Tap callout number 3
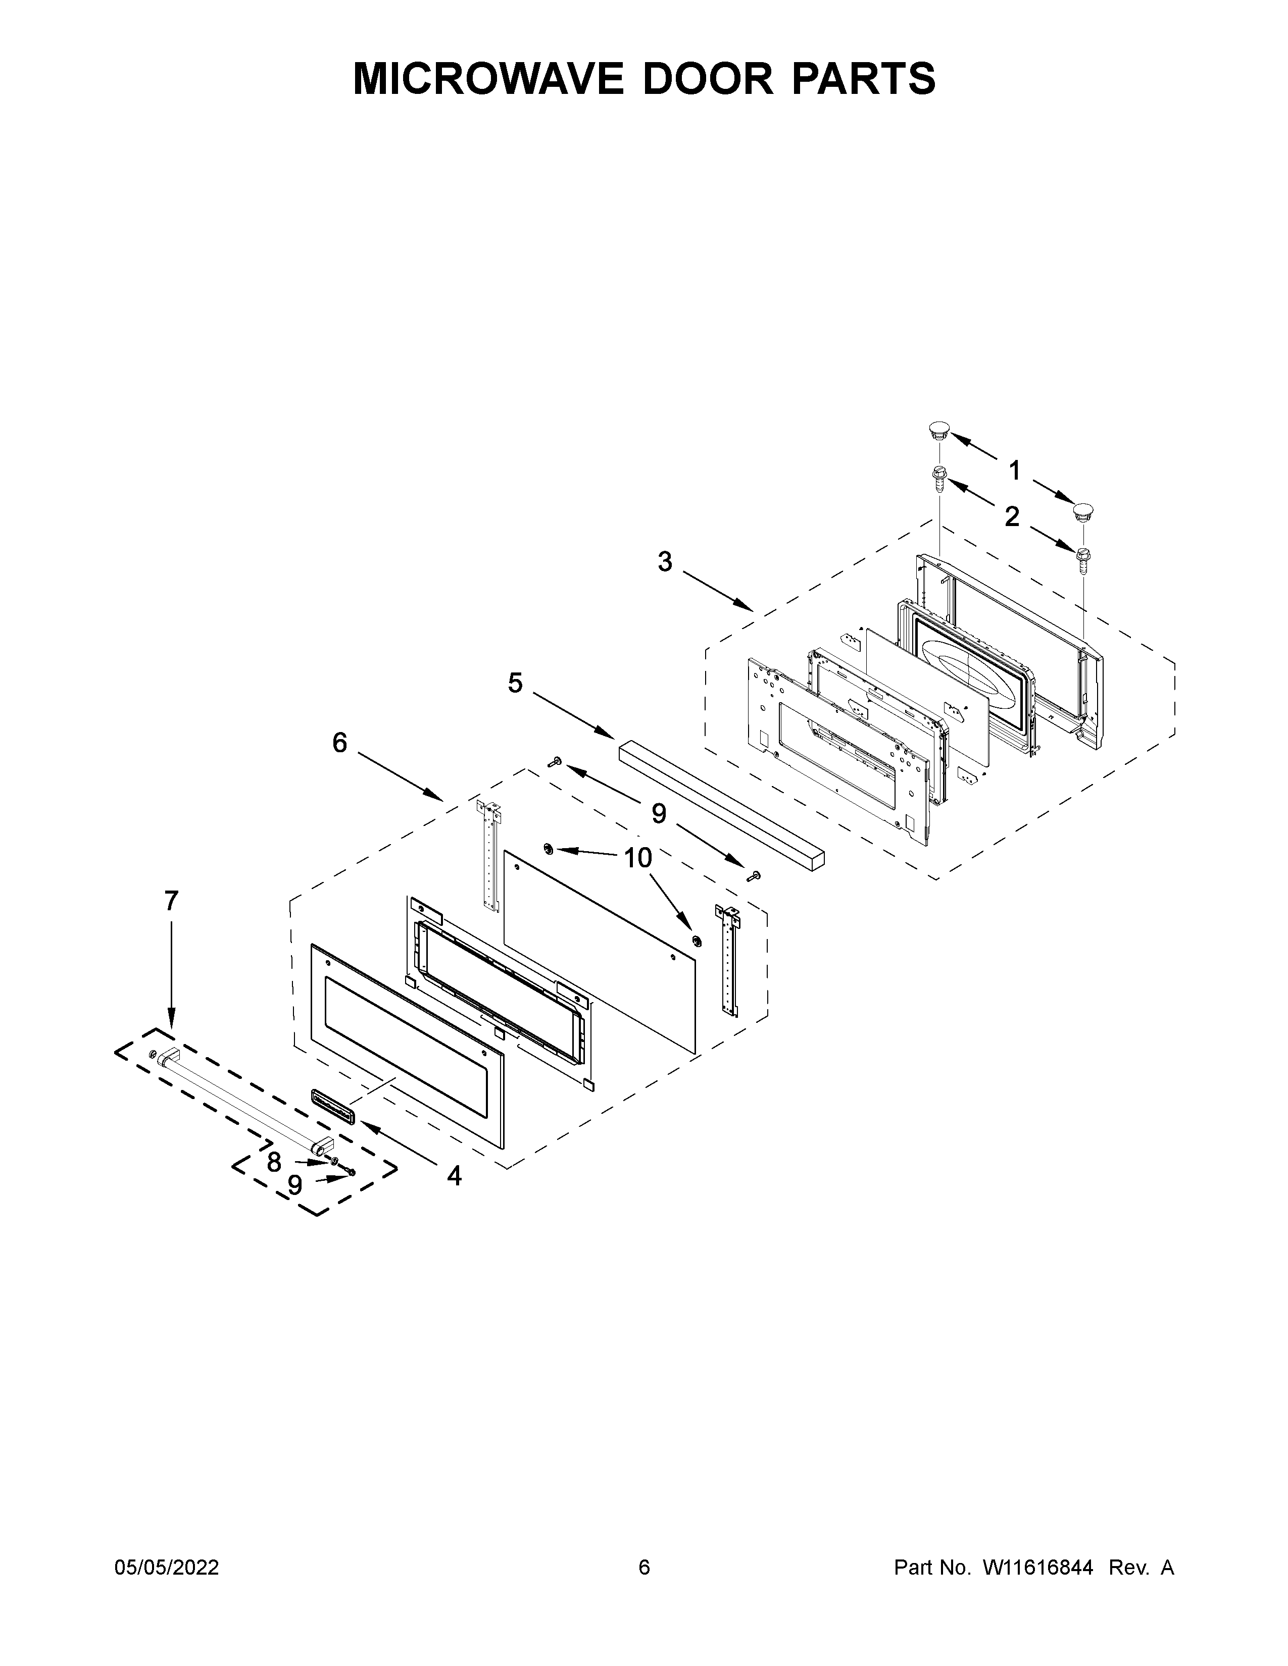click(x=665, y=562)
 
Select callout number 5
click(x=516, y=684)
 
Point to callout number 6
click(x=339, y=742)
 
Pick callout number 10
click(x=638, y=858)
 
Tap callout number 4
click(x=454, y=1176)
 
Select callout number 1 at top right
click(x=1014, y=472)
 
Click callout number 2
click(x=1012, y=517)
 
